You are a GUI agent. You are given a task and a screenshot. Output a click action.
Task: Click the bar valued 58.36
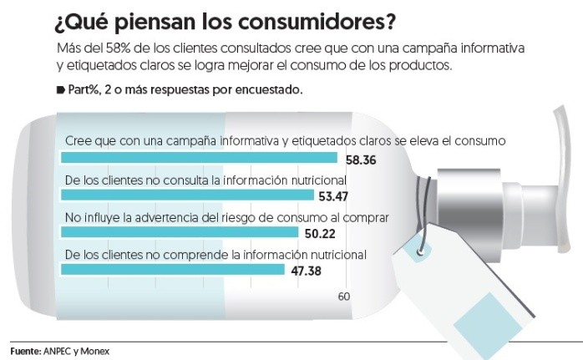click(x=200, y=158)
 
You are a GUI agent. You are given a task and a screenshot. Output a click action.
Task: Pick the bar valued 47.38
click(x=173, y=269)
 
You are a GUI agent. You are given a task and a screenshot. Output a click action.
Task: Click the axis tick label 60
click(x=343, y=297)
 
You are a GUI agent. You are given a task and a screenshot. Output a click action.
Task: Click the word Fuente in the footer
click(x=24, y=352)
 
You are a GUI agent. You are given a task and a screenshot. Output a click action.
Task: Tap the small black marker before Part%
click(x=60, y=89)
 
